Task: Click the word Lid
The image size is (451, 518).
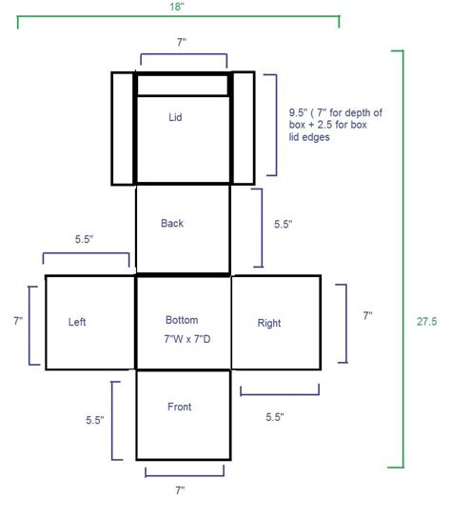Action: (x=175, y=117)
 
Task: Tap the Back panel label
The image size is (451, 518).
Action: (x=172, y=224)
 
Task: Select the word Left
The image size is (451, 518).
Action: (x=77, y=322)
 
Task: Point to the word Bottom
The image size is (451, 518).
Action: (x=182, y=320)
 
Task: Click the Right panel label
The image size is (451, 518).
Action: (x=269, y=323)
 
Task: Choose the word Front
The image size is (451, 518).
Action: (x=179, y=407)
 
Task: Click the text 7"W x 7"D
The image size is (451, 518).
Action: (x=187, y=339)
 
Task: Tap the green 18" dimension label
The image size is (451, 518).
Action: (x=177, y=7)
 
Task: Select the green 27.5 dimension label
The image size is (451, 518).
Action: (x=426, y=322)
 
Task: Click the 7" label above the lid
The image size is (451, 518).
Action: (x=182, y=42)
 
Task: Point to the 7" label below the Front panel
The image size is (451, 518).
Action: (x=180, y=490)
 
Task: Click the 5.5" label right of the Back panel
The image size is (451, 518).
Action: (x=283, y=225)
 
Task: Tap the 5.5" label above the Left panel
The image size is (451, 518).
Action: (x=84, y=239)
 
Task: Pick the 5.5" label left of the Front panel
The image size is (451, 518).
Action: (x=95, y=420)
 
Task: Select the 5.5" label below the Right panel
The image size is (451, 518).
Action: (x=275, y=417)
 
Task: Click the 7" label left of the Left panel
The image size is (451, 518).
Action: (x=18, y=321)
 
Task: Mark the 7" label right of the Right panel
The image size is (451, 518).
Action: (x=368, y=316)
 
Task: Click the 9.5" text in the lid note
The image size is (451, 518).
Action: (x=297, y=112)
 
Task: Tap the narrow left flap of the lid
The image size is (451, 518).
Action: (x=123, y=129)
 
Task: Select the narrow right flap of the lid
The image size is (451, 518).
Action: (x=244, y=128)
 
